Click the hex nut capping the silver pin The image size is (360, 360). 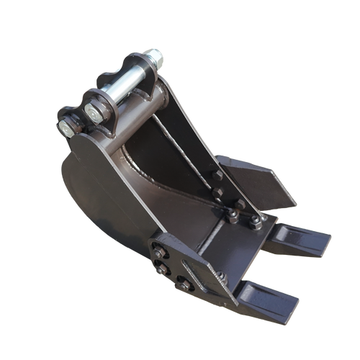[154, 54]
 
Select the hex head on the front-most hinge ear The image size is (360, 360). [66, 128]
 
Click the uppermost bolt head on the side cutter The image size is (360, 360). [215, 175]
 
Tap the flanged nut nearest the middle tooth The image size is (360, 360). [255, 222]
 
